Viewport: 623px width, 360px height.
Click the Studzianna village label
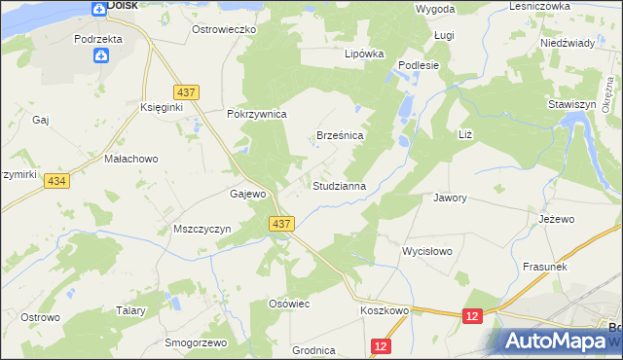338,185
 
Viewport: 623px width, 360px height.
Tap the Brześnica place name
340,136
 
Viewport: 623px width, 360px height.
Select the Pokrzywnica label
256,114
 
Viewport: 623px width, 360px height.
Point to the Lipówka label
365,54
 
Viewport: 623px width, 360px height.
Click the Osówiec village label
288,304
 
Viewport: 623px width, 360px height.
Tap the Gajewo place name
247,194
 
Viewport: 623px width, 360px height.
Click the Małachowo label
130,158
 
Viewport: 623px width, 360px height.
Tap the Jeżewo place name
557,220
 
